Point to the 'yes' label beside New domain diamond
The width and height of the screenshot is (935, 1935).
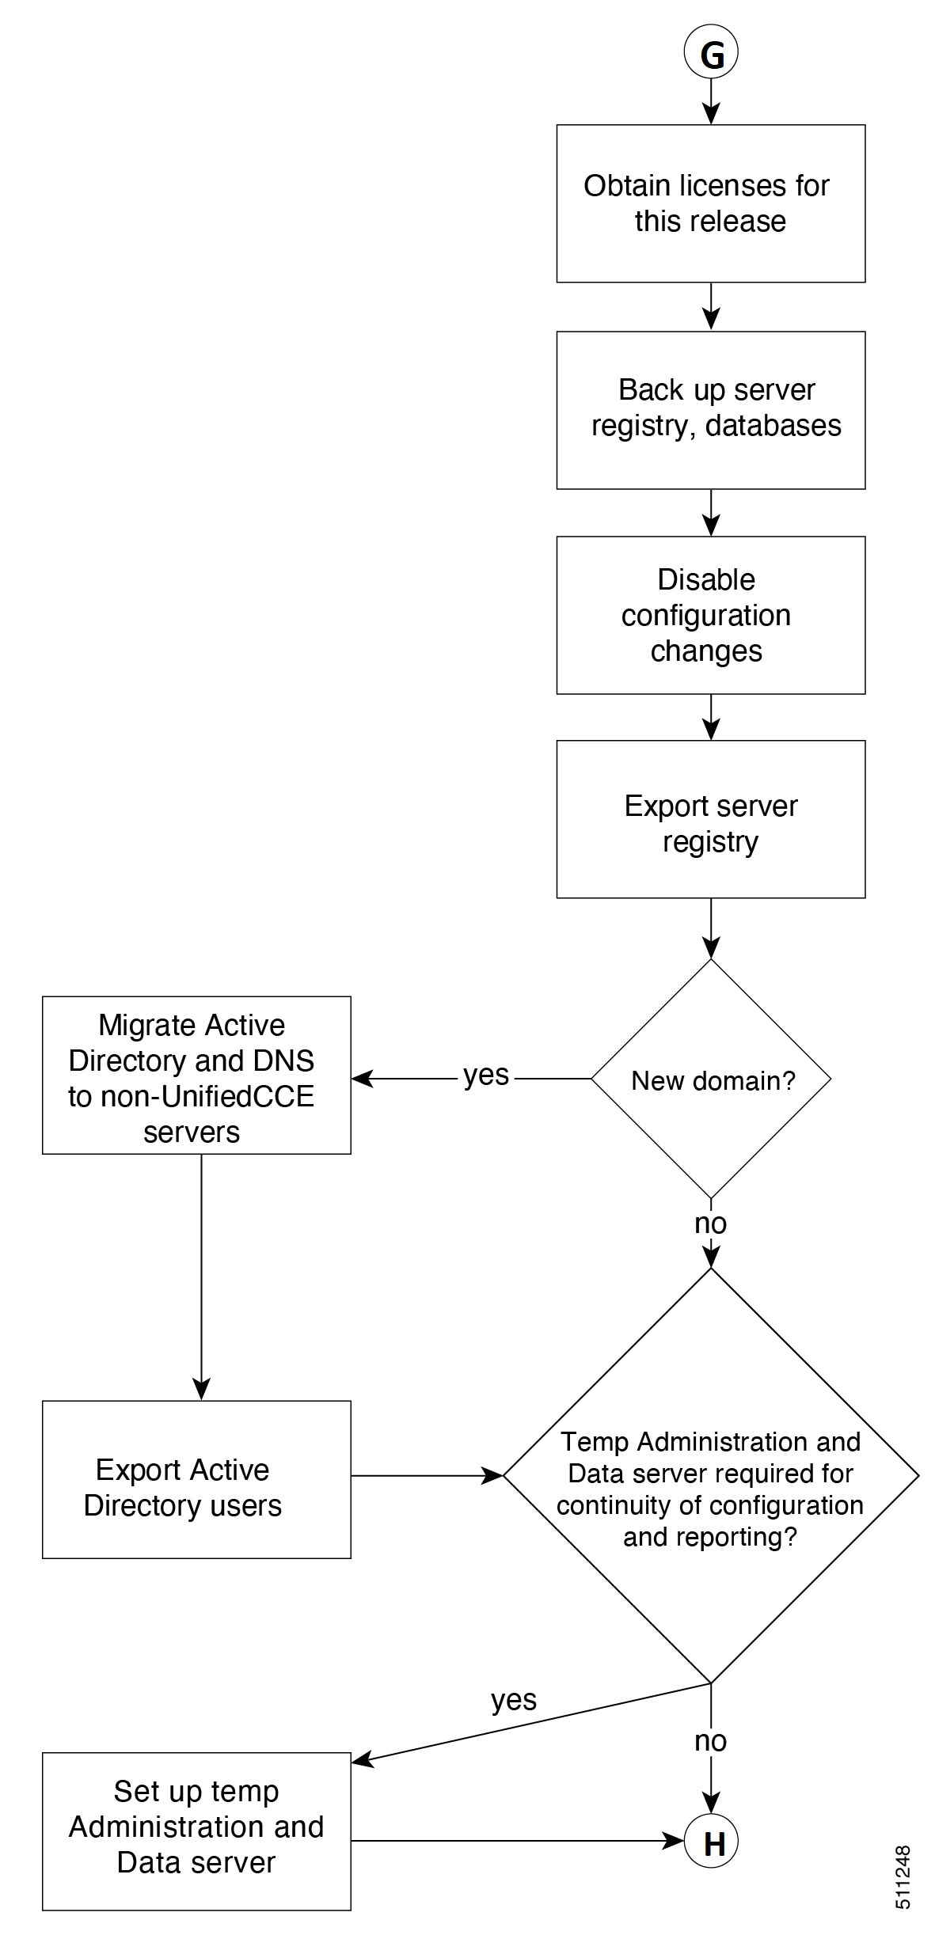click(486, 1076)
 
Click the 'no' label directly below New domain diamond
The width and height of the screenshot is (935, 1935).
click(710, 1224)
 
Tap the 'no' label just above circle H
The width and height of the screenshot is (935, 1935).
click(710, 1741)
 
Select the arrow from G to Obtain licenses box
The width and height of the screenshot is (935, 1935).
click(711, 102)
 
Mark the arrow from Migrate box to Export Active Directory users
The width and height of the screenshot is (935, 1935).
click(201, 1277)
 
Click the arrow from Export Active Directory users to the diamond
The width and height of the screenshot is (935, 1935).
click(428, 1475)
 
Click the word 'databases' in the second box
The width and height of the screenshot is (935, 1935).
click(773, 426)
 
